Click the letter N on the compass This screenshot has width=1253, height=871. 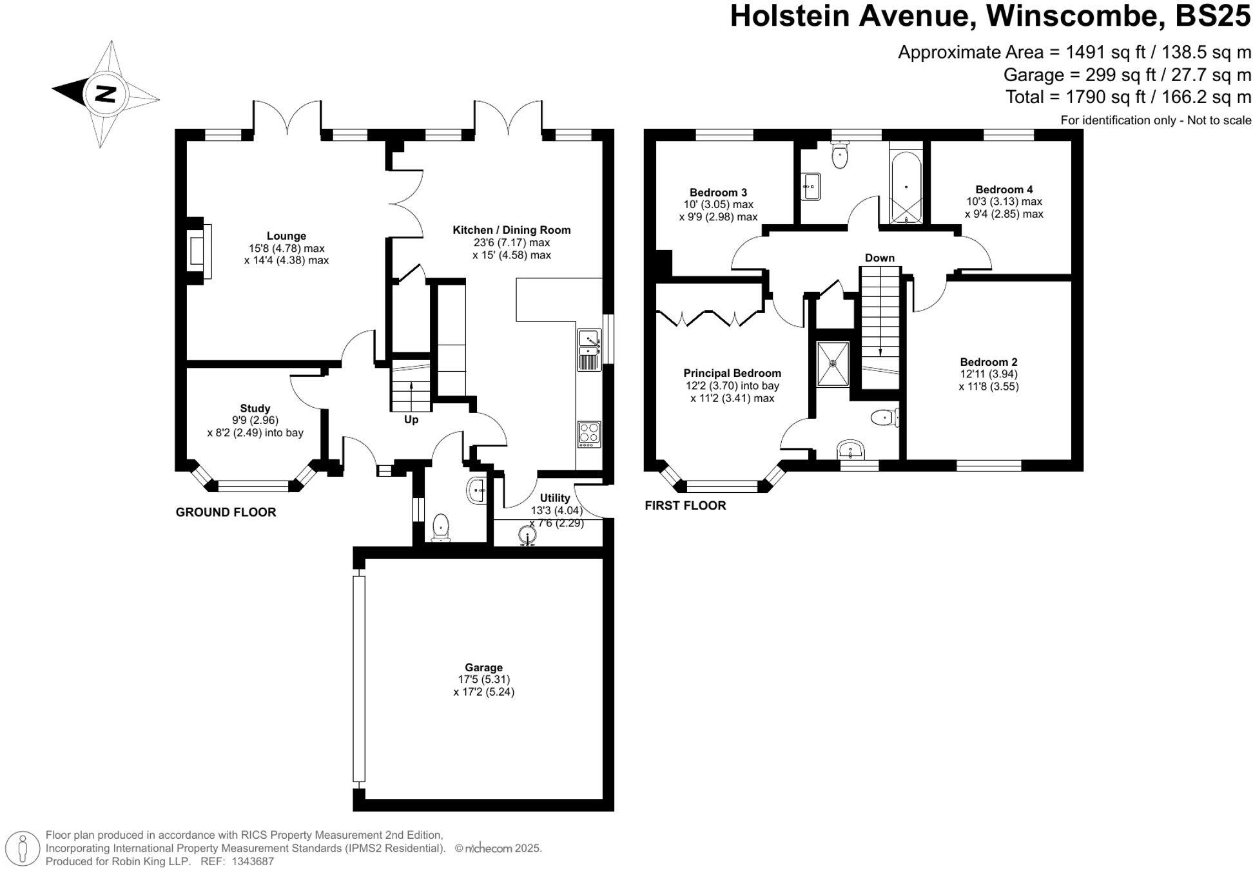coord(105,94)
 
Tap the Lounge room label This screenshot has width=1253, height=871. coord(286,236)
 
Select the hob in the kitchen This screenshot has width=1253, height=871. coord(589,434)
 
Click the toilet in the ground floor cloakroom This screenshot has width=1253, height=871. coord(441,526)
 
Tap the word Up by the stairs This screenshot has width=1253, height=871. coord(411,419)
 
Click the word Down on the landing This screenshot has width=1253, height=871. coord(879,258)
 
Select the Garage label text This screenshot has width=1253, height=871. coord(483,667)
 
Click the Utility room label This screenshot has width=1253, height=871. coord(554,498)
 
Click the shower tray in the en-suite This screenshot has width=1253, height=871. coord(833,364)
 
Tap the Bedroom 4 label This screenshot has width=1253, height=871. coord(1004,189)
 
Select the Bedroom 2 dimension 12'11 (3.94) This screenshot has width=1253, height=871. coord(988,374)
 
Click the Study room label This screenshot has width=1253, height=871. coord(255,408)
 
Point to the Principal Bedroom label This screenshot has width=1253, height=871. coord(732,373)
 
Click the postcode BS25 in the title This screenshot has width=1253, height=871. coord(1212,15)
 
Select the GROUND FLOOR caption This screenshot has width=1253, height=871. coord(226,512)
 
